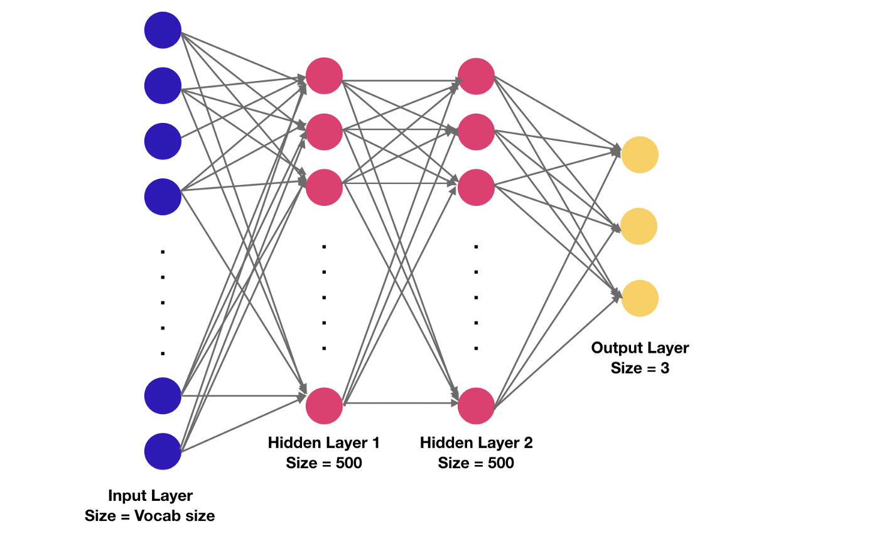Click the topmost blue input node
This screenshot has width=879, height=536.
tap(163, 30)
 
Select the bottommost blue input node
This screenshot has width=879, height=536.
tap(163, 451)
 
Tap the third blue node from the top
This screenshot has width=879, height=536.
tap(163, 141)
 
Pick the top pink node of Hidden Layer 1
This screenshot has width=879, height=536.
tap(324, 76)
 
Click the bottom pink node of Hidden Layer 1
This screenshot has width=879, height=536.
tap(324, 405)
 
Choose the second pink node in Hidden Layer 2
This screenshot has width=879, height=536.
tap(476, 132)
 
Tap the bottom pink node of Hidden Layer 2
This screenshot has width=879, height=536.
tap(476, 405)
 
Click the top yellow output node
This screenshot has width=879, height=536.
tap(639, 154)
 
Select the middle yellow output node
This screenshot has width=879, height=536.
tap(639, 226)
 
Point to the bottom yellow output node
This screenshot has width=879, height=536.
tap(639, 297)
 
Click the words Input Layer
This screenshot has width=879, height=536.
tap(150, 496)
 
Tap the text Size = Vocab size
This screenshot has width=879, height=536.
tap(150, 517)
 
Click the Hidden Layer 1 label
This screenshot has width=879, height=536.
tap(324, 443)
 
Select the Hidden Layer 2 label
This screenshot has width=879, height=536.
tap(476, 443)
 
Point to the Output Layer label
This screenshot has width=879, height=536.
tap(640, 348)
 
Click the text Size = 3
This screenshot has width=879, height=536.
tap(640, 368)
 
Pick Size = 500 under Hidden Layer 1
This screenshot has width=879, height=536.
tap(324, 464)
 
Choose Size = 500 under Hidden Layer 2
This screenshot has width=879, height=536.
tap(476, 464)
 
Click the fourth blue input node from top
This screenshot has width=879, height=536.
tap(163, 196)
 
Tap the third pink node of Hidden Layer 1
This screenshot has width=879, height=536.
tap(324, 187)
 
